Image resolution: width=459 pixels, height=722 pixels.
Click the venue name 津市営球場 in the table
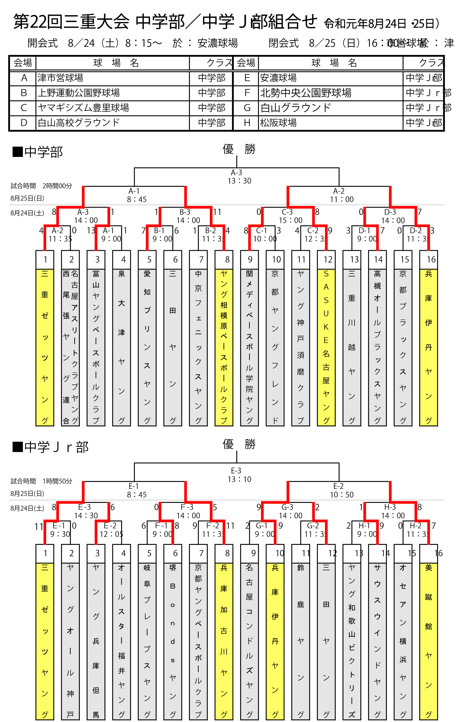[60, 78]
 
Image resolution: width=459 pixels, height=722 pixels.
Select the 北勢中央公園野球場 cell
[305, 93]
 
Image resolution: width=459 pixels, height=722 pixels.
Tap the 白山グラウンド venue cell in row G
[296, 108]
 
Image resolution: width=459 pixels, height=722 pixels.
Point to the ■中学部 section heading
[38, 152]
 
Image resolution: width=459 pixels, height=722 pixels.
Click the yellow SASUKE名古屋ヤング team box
[326, 347]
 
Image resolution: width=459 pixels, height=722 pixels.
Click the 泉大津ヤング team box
[122, 347]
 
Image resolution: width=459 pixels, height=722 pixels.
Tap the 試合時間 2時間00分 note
[41, 186]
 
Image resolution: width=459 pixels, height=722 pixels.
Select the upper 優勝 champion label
[239, 149]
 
